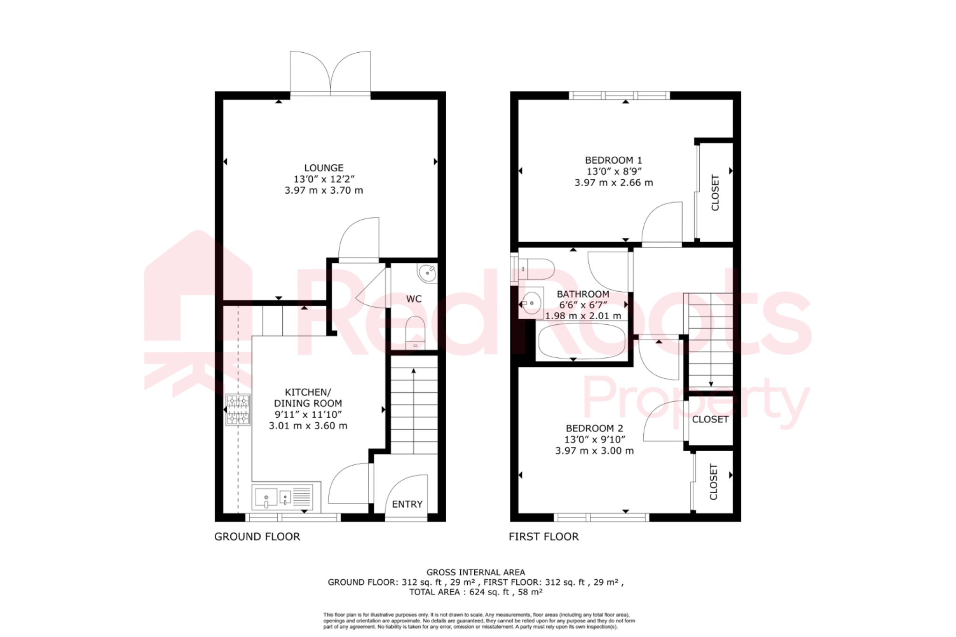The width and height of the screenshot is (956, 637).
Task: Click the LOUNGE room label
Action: (x=323, y=168)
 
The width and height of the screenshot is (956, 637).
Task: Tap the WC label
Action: (x=414, y=299)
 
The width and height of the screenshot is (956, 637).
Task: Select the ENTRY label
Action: (x=407, y=504)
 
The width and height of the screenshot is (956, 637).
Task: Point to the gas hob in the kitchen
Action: (x=238, y=410)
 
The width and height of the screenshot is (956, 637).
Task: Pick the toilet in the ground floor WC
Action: (x=415, y=333)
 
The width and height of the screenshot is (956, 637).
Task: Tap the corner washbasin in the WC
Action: (x=427, y=273)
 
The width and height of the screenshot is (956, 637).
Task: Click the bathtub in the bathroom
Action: (x=582, y=342)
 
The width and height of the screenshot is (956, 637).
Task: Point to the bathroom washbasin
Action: (x=531, y=302)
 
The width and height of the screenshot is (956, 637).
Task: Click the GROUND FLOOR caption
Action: (x=257, y=537)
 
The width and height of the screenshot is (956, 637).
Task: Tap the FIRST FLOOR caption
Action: (x=543, y=537)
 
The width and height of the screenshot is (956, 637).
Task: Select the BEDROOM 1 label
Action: (x=613, y=160)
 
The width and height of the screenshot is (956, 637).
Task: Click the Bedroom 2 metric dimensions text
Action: (x=594, y=451)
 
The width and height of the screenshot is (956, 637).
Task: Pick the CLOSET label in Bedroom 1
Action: (x=715, y=192)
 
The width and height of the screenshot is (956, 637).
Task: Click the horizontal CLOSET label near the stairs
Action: (x=710, y=420)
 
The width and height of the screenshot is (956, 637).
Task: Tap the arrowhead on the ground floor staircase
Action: (x=414, y=371)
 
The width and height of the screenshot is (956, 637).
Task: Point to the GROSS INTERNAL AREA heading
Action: (x=476, y=572)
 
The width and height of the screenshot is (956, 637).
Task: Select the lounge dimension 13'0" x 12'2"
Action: (x=324, y=179)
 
